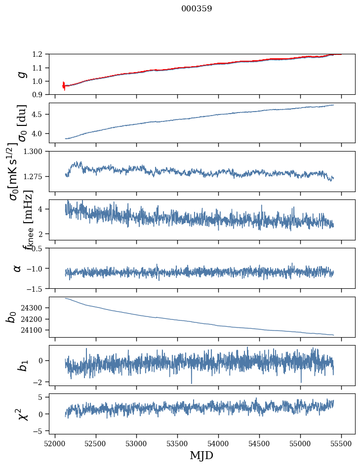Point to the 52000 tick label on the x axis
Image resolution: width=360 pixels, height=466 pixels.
point(55,443)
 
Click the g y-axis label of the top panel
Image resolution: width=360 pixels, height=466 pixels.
point(21,74)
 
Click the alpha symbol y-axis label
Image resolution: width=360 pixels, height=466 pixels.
point(18,268)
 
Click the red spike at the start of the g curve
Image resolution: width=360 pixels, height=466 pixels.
point(64,85)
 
